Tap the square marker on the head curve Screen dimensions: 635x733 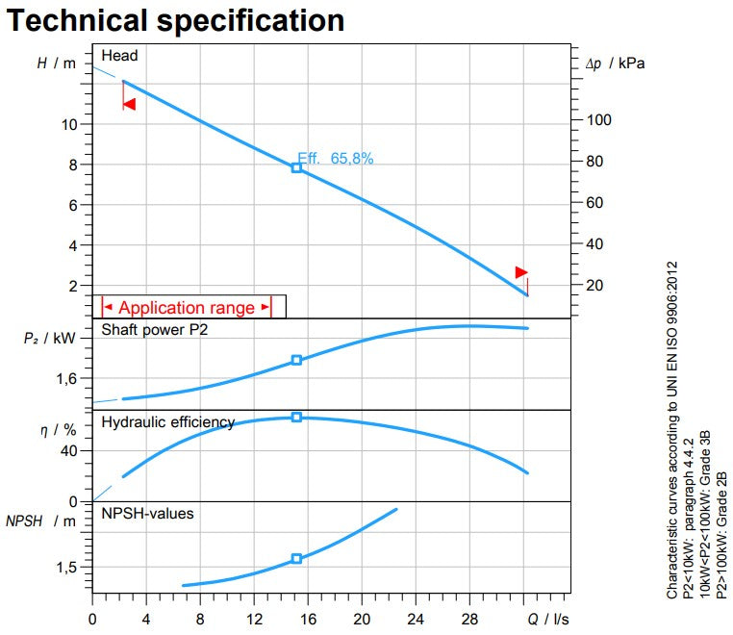(x=296, y=167)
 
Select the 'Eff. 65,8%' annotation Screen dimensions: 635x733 (x=335, y=158)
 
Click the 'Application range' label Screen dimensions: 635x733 (x=187, y=308)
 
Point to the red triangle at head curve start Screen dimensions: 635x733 (x=129, y=103)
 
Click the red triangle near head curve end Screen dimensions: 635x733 (x=521, y=272)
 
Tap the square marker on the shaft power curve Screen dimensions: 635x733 (x=296, y=360)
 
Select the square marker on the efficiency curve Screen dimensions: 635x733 (x=296, y=417)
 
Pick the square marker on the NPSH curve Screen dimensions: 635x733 (x=296, y=558)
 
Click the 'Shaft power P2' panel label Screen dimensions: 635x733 (x=153, y=331)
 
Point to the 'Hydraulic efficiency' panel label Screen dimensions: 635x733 (x=167, y=422)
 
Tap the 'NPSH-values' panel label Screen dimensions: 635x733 (x=147, y=514)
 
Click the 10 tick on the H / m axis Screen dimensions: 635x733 (x=70, y=124)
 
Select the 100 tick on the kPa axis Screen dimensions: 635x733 (x=600, y=120)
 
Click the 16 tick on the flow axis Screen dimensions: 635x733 (x=308, y=619)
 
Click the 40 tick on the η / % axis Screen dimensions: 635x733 (x=69, y=451)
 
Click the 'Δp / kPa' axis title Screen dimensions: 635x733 (x=616, y=63)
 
